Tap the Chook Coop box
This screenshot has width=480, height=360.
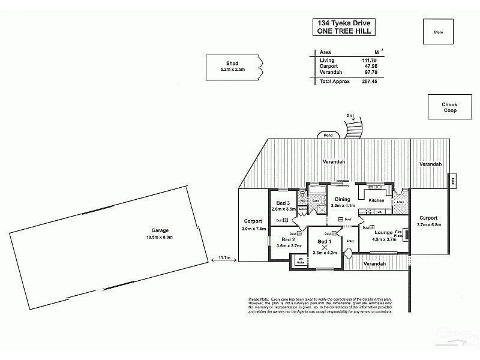[449, 107]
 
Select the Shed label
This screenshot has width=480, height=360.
[232, 64]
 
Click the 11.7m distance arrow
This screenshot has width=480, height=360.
[225, 259]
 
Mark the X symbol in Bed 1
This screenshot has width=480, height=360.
[325, 247]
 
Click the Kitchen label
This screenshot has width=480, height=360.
[376, 200]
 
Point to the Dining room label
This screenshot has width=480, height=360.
[343, 199]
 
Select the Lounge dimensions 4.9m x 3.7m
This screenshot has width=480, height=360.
[385, 239]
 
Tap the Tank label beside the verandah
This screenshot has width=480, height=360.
[454, 179]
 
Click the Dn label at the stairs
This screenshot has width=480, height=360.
[349, 115]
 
